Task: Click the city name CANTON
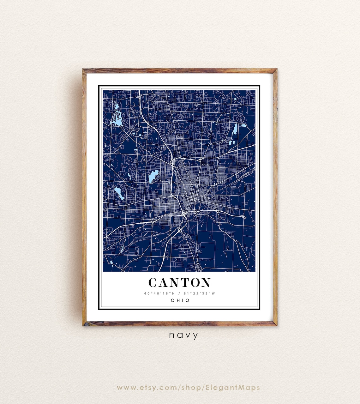pyautogui.click(x=179, y=282)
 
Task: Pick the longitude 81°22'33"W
pyautogui.click(x=199, y=293)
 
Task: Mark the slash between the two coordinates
pyautogui.click(x=179, y=293)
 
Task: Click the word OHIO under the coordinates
pyautogui.click(x=180, y=300)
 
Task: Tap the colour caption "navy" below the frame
pyautogui.click(x=183, y=335)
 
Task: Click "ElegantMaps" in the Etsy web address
pyautogui.click(x=233, y=388)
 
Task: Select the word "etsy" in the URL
pyautogui.click(x=157, y=388)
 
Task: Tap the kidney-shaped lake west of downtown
pyautogui.click(x=153, y=176)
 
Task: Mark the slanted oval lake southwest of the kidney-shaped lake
pyautogui.click(x=119, y=193)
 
